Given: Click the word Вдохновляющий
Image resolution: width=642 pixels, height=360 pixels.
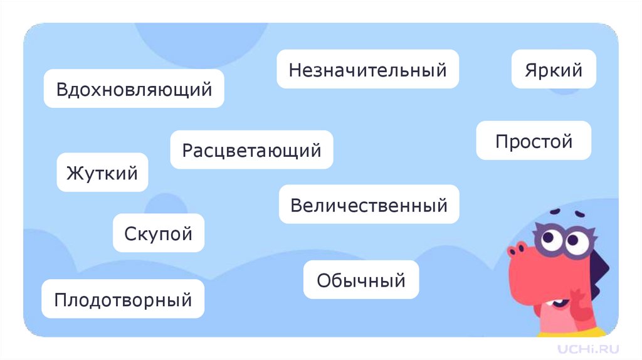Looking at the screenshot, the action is tap(134, 89).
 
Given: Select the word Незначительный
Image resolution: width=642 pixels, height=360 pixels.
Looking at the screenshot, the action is tap(368, 70).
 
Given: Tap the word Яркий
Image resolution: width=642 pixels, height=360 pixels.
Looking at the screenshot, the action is tap(554, 70).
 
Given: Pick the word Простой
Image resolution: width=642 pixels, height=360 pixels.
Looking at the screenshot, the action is tap(534, 141).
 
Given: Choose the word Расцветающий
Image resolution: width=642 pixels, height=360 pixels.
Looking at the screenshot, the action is tap(251, 150).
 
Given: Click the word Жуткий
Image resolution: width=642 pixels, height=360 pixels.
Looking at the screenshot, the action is tap(102, 172).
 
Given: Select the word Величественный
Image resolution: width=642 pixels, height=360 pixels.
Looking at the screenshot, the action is tap(369, 204).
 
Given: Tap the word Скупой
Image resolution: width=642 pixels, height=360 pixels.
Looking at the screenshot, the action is tap(159, 233).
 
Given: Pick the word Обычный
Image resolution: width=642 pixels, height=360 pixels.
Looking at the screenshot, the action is tap(360, 280).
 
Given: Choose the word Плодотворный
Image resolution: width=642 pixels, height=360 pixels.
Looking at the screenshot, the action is tap(123, 299).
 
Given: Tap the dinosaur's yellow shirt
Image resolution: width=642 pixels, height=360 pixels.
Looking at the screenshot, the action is tap(592, 330).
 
